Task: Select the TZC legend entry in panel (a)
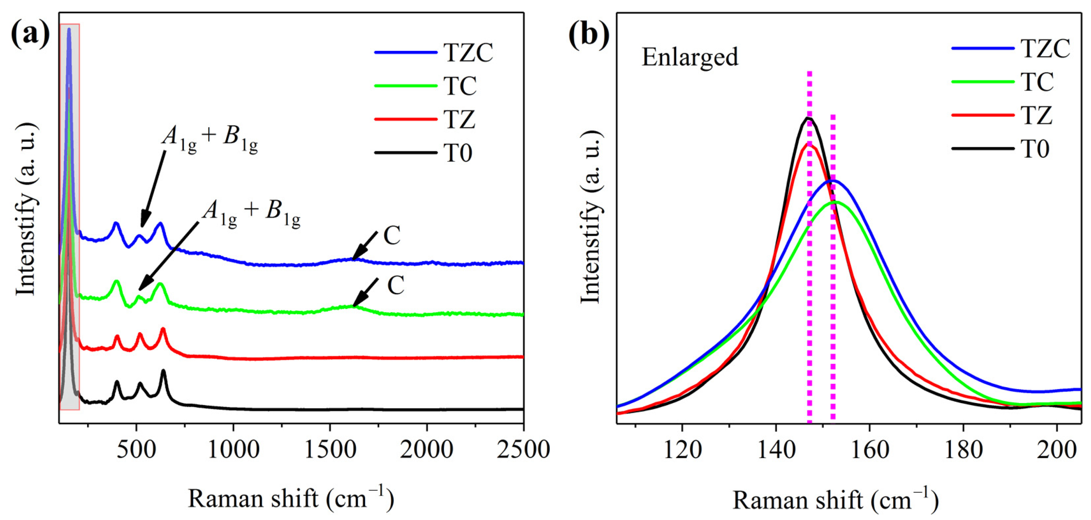468,53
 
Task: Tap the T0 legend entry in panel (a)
458,153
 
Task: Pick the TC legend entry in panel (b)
1036,82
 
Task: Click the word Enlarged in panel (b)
690,57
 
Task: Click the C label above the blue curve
392,236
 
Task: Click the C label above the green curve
396,286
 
